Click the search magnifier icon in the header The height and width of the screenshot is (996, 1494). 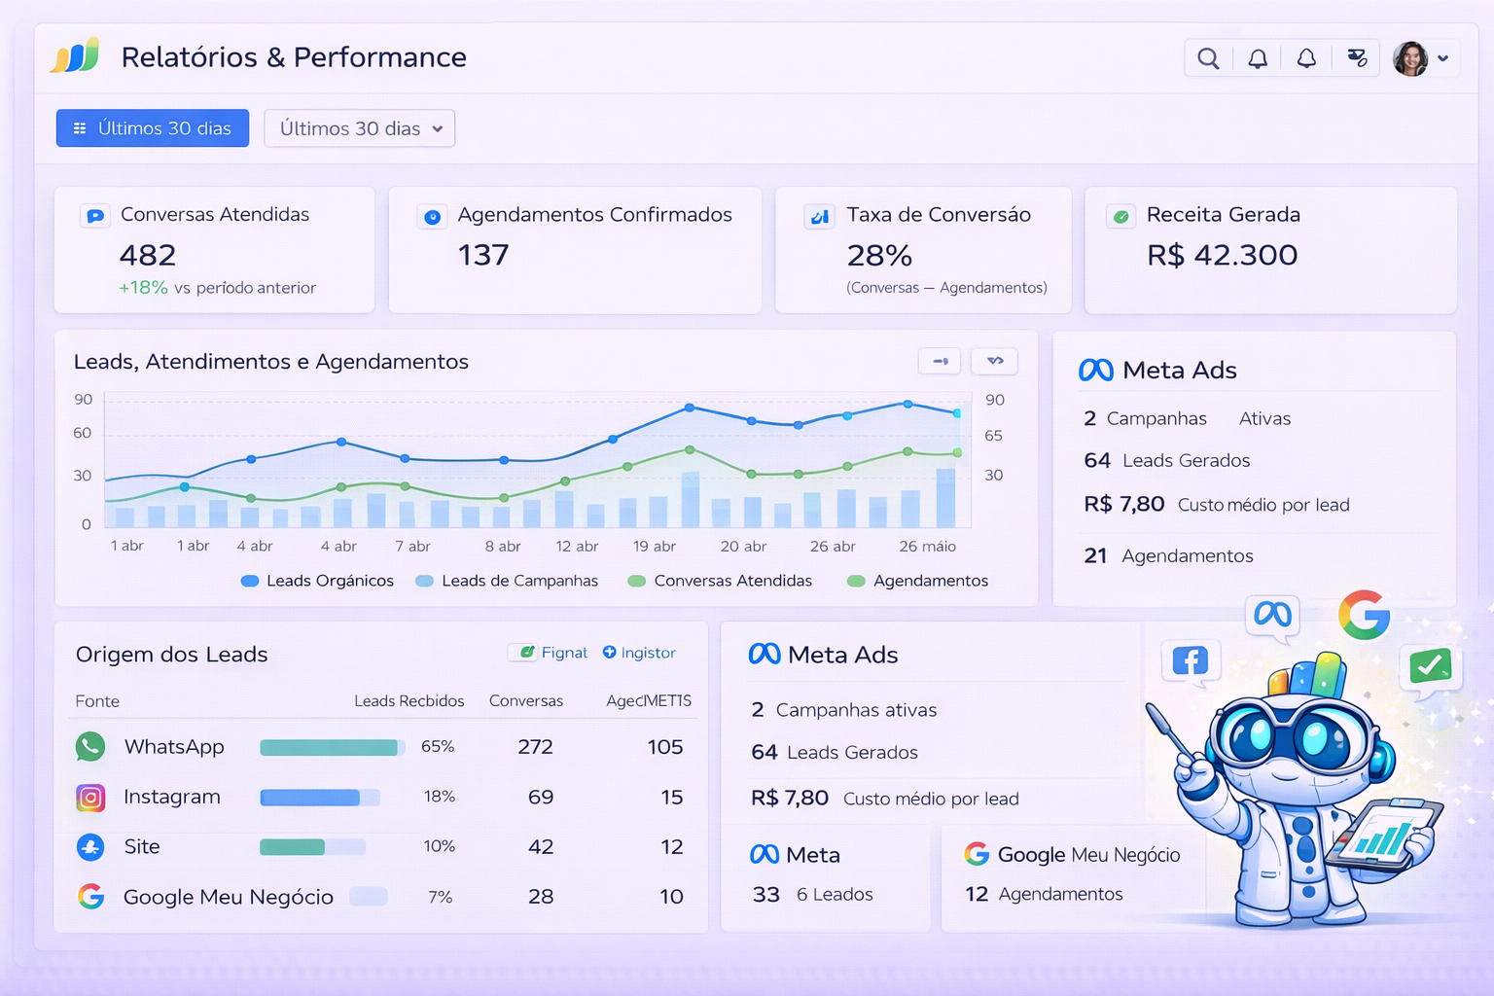click(1208, 58)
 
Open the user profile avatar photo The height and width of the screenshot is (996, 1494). click(1410, 58)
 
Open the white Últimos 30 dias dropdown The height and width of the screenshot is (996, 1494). click(359, 128)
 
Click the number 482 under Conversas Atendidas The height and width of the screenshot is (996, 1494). click(148, 255)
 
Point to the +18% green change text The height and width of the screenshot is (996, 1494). click(143, 288)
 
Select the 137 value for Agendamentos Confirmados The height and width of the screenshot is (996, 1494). click(483, 255)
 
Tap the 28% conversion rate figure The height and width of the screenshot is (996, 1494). click(879, 256)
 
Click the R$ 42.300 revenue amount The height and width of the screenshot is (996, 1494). click(1222, 255)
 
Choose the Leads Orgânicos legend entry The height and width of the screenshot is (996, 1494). click(317, 581)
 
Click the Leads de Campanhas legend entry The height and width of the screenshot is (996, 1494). click(507, 581)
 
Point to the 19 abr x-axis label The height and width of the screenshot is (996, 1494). click(654, 547)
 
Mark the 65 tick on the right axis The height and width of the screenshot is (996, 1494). click(993, 436)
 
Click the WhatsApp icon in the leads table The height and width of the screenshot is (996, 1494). click(90, 747)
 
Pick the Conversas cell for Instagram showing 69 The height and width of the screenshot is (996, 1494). click(541, 798)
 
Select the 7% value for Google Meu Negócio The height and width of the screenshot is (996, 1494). click(441, 897)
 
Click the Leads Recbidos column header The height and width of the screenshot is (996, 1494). click(409, 701)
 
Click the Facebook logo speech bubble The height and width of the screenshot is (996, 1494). click(1190, 661)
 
